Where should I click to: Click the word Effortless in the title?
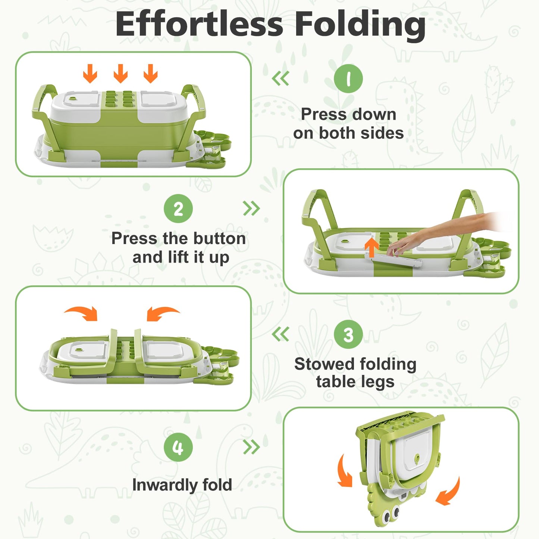(x=199, y=24)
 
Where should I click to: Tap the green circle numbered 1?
(x=348, y=78)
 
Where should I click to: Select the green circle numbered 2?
(x=178, y=209)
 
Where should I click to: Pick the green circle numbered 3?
(x=348, y=335)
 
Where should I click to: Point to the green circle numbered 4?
(x=178, y=447)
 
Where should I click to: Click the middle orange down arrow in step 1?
(x=120, y=73)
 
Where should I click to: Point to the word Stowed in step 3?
(x=318, y=364)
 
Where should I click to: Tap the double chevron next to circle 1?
(x=281, y=78)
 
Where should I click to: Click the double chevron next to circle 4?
(x=251, y=447)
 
